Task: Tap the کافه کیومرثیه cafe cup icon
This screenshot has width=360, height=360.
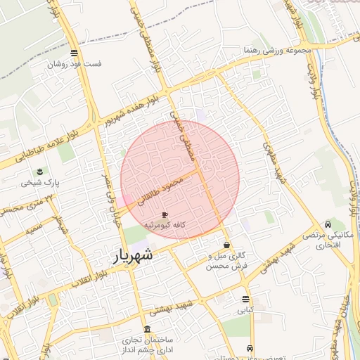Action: coord(165,214)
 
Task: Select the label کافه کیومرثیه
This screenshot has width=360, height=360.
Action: coord(165,224)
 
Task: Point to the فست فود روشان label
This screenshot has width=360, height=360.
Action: coord(75,63)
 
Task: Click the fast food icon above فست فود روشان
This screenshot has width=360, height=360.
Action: coord(75,53)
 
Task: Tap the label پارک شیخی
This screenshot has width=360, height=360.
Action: coord(40,182)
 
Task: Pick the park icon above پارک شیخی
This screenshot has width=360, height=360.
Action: coord(40,172)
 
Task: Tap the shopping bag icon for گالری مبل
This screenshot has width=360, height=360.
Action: coord(226,245)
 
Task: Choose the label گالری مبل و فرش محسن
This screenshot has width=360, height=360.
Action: coord(227,261)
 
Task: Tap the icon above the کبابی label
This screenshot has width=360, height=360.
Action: coord(245,299)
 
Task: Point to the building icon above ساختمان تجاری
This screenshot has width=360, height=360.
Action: coord(146,329)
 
